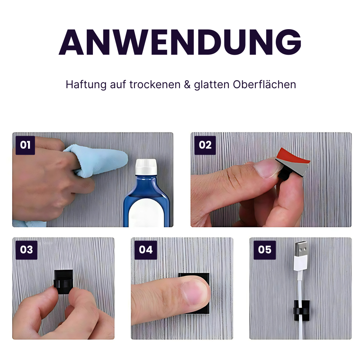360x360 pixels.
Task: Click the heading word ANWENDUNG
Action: click(x=180, y=42)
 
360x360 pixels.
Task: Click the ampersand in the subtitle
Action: click(x=186, y=85)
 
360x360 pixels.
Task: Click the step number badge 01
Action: click(x=25, y=145)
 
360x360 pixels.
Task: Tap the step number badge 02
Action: click(x=205, y=145)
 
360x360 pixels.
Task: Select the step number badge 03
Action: click(x=26, y=249)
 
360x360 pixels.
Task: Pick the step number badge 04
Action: click(x=145, y=249)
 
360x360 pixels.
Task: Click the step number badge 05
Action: click(x=265, y=249)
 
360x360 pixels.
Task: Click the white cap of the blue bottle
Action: click(x=146, y=168)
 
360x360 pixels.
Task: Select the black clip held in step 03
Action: click(x=64, y=281)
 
